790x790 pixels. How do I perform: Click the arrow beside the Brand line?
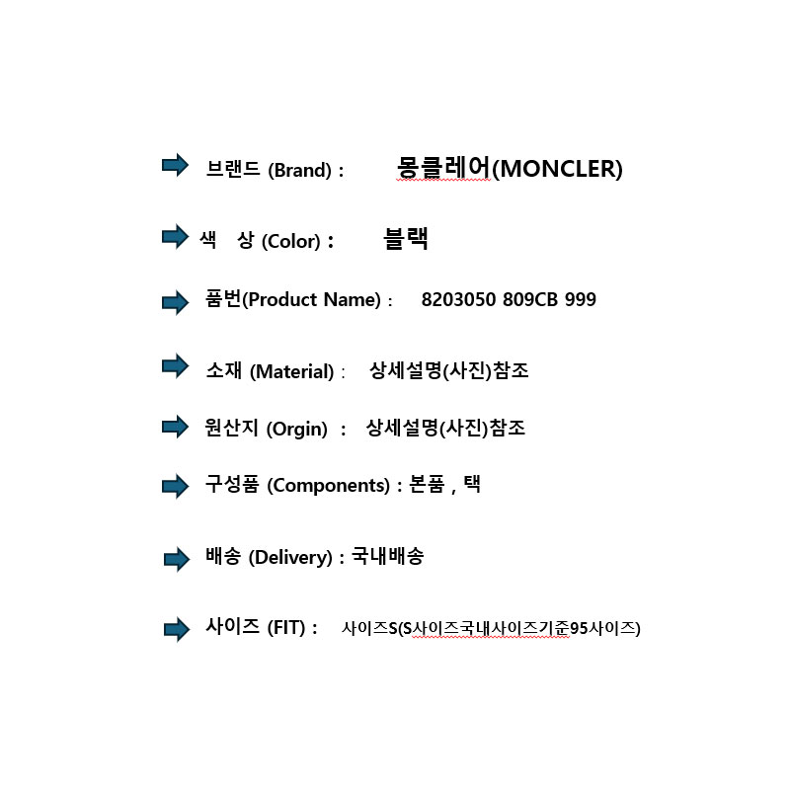pyautogui.click(x=175, y=165)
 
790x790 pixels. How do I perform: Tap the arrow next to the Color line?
pyautogui.click(x=175, y=236)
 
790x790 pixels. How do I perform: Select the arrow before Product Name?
pyautogui.click(x=175, y=302)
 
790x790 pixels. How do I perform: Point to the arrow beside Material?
pyautogui.click(x=175, y=365)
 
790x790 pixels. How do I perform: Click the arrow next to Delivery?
pyautogui.click(x=177, y=559)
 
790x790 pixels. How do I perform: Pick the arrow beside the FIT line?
pyautogui.click(x=177, y=629)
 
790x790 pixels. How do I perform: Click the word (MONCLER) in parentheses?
pyautogui.click(x=557, y=169)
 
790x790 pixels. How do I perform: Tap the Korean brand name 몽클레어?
pyautogui.click(x=443, y=167)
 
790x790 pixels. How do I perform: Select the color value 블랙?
pyautogui.click(x=406, y=238)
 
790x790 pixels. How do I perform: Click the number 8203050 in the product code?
pyautogui.click(x=458, y=300)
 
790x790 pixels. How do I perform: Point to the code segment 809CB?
pyautogui.click(x=530, y=300)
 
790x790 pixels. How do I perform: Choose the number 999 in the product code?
pyautogui.click(x=581, y=300)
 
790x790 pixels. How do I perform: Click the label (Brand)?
pyautogui.click(x=300, y=170)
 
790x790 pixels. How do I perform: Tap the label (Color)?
pyautogui.click(x=291, y=241)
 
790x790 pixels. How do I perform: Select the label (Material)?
pyautogui.click(x=291, y=372)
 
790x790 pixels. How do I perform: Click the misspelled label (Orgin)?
pyautogui.click(x=297, y=430)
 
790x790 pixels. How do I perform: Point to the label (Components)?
pyautogui.click(x=329, y=486)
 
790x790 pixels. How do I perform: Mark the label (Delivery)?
pyautogui.click(x=290, y=558)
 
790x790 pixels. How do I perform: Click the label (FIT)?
pyautogui.click(x=286, y=628)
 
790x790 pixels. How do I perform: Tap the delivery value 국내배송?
pyautogui.click(x=387, y=556)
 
